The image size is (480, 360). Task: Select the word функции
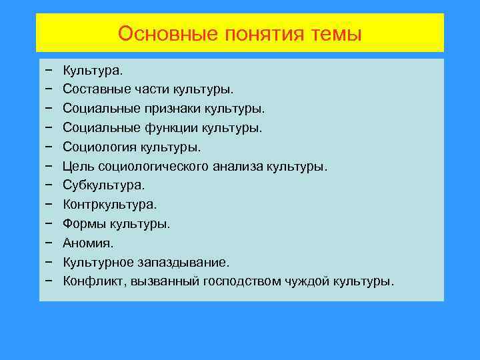pyautogui.click(x=176, y=127)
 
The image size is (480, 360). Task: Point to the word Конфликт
pyautogui.click(x=89, y=281)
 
